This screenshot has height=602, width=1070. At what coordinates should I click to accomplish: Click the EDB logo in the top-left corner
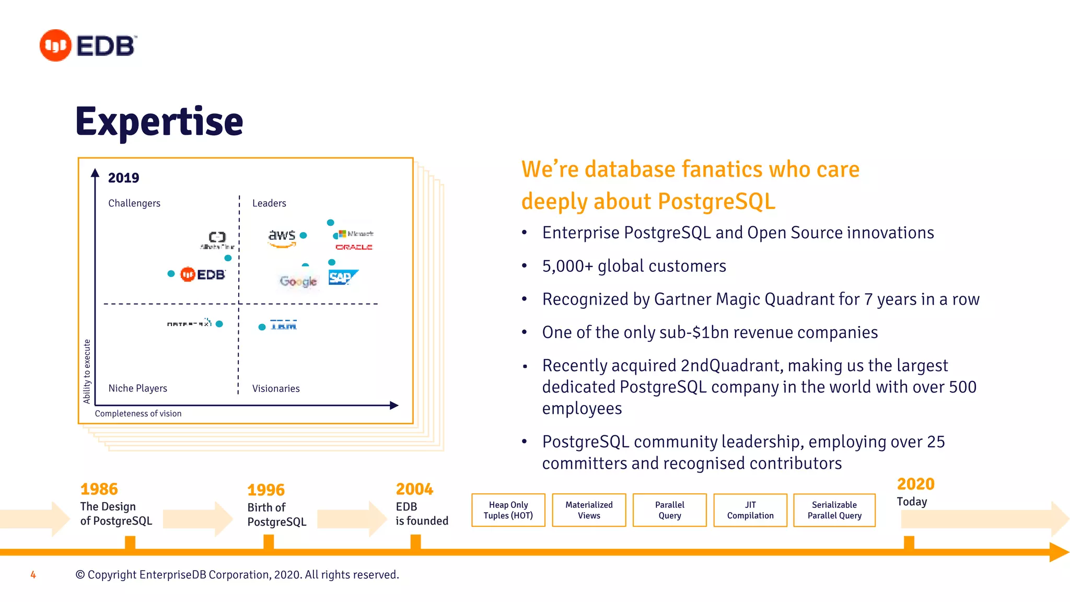pyautogui.click(x=88, y=45)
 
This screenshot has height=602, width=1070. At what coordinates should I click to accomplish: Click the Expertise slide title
pyautogui.click(x=159, y=122)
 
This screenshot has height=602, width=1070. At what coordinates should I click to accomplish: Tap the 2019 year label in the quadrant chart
pyautogui.click(x=123, y=178)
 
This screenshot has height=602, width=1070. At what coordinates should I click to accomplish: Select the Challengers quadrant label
pyautogui.click(x=134, y=203)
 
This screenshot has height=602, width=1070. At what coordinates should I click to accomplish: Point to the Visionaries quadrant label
pyautogui.click(x=276, y=389)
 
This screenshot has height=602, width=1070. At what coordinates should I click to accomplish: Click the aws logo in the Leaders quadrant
pyautogui.click(x=282, y=237)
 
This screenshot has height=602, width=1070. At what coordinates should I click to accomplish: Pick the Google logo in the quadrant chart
pyautogui.click(x=298, y=282)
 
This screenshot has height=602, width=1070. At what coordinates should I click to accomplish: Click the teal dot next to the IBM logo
pyautogui.click(x=262, y=327)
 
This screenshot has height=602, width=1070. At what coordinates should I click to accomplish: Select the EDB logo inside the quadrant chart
pyautogui.click(x=203, y=274)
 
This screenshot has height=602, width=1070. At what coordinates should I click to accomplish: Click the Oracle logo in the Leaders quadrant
pyautogui.click(x=354, y=247)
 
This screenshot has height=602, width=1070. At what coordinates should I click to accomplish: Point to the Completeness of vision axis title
pyautogui.click(x=138, y=413)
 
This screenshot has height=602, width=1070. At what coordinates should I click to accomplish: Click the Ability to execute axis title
pyautogui.click(x=87, y=371)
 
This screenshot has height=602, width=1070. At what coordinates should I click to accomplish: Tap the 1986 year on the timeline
pyautogui.click(x=99, y=489)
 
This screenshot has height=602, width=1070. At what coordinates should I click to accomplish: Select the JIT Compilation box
pyautogui.click(x=750, y=510)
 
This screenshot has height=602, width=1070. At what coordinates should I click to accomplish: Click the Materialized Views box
pyautogui.click(x=589, y=510)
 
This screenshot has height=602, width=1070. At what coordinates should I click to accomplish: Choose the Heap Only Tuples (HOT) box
pyautogui.click(x=508, y=510)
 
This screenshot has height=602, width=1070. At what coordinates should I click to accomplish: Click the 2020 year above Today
pyautogui.click(x=915, y=484)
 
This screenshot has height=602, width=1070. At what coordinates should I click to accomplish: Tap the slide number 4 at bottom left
pyautogui.click(x=33, y=575)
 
